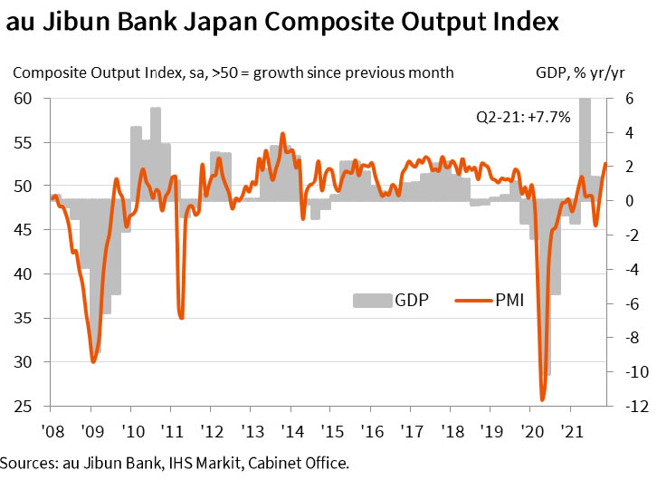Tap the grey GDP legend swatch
(x=370, y=300)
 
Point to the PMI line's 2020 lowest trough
(x=543, y=399)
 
